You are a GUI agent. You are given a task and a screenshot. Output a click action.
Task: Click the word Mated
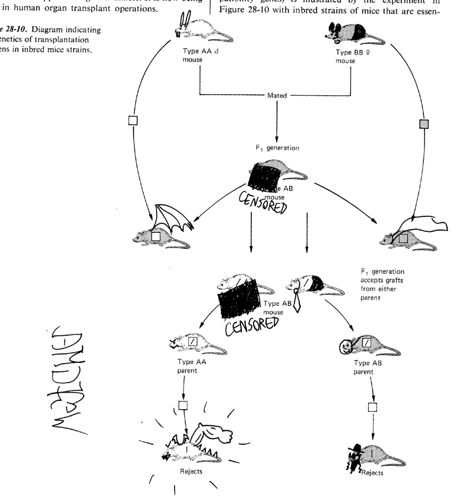click(277, 94)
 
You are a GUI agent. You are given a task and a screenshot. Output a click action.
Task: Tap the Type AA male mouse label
click(199, 55)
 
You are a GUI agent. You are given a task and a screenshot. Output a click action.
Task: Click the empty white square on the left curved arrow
click(133, 120)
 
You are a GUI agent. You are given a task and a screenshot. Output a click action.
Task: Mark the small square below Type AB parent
click(372, 407)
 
